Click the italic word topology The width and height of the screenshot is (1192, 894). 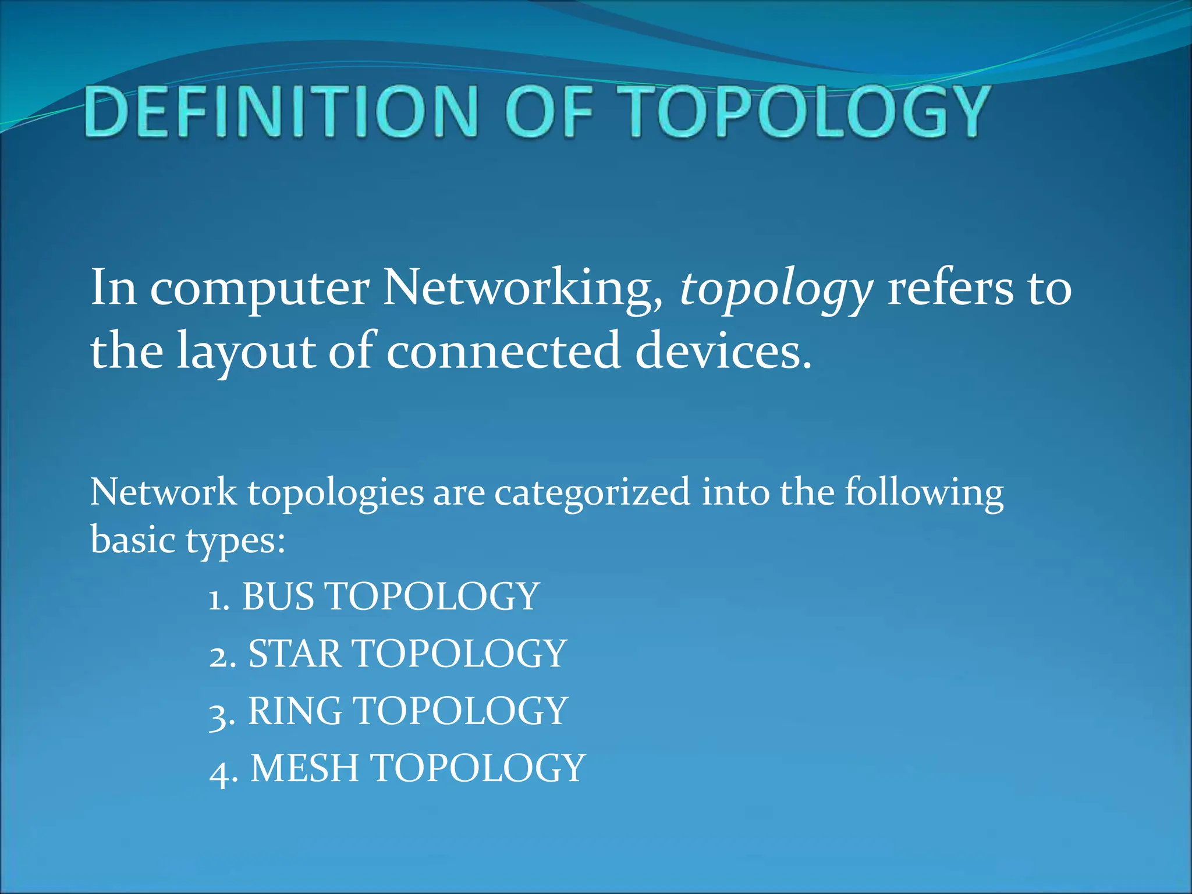click(x=776, y=289)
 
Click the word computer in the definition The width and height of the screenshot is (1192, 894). click(x=260, y=289)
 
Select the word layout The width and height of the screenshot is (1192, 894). click(x=246, y=352)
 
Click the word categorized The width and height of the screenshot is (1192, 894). click(x=593, y=493)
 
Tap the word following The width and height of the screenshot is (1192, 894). click(x=924, y=493)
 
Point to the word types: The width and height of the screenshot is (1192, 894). click(x=236, y=541)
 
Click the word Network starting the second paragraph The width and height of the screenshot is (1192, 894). click(x=164, y=492)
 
